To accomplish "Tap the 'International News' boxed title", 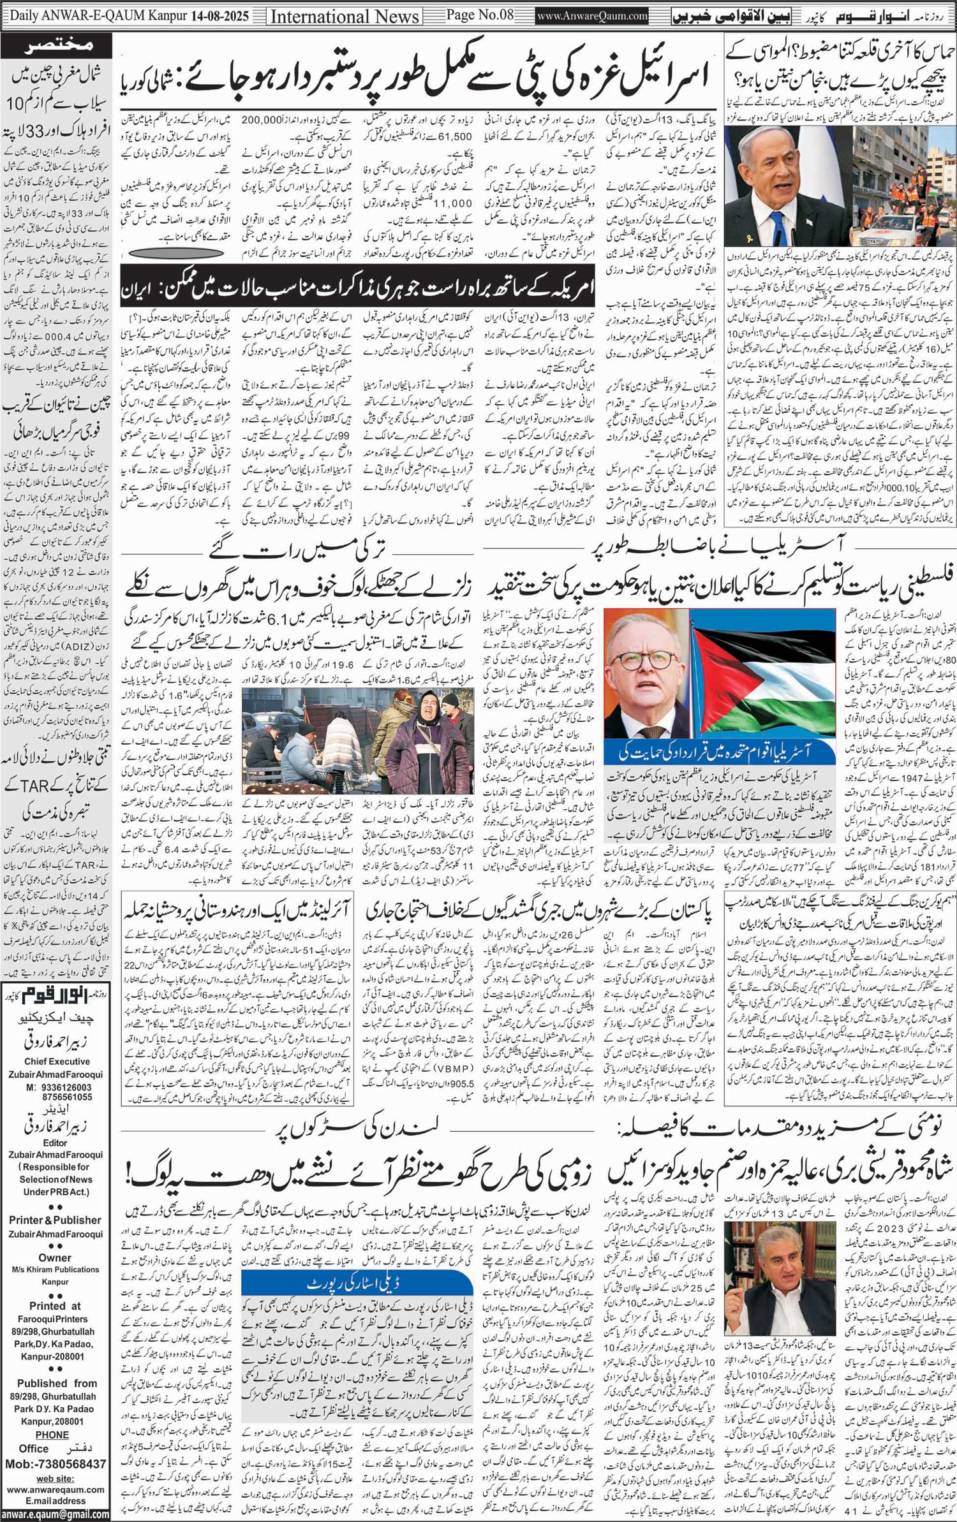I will coord(345,16).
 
